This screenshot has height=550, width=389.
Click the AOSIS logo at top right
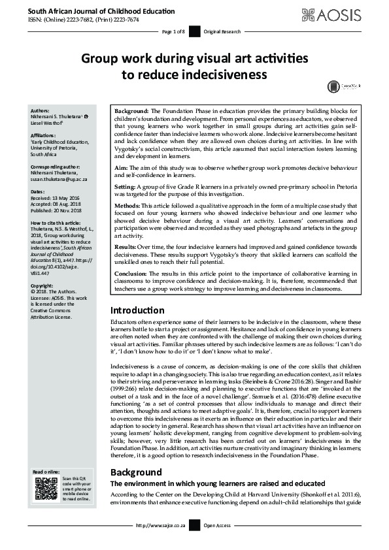click(341, 14)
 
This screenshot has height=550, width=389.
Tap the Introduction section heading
click(137, 310)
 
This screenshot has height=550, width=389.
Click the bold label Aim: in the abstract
click(122, 167)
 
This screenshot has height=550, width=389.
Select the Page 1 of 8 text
click(173, 31)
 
